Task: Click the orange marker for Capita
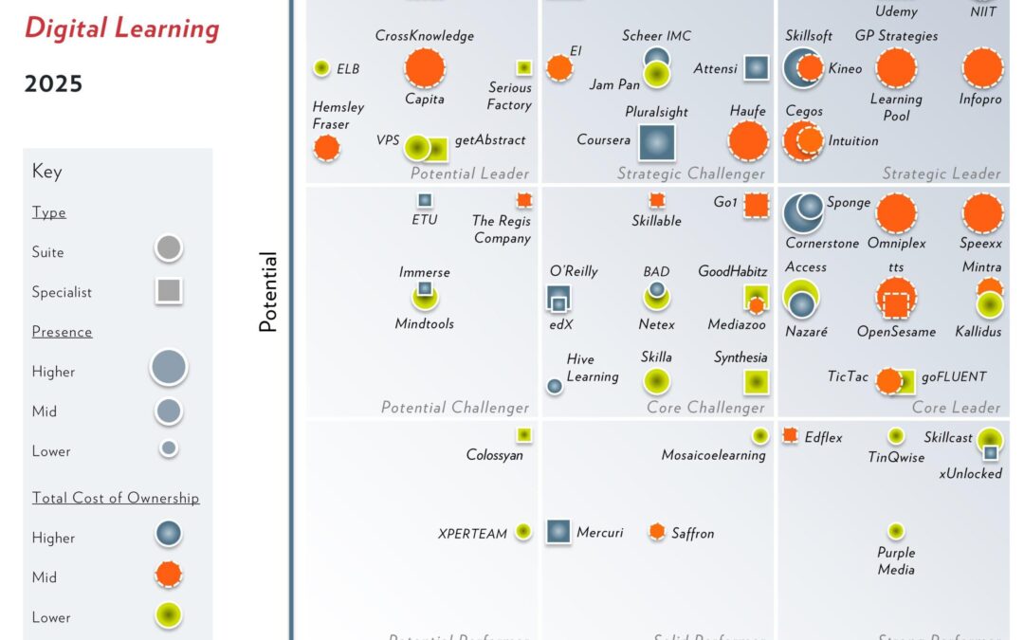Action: coord(425,67)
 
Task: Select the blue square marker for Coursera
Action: coord(656,142)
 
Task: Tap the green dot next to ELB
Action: coord(321,68)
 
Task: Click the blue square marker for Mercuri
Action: coord(558,532)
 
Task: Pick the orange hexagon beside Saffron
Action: coord(657,532)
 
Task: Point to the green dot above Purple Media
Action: coord(896,531)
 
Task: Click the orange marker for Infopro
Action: coord(982,67)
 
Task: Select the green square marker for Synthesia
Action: coord(756,381)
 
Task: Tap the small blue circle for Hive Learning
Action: coord(555,386)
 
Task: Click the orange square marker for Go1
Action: coord(756,205)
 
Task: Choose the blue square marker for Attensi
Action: coord(756,67)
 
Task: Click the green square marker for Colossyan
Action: coord(523,434)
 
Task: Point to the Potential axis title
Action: coord(268,292)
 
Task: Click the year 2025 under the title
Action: coord(53,84)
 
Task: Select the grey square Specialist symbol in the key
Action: coord(169,291)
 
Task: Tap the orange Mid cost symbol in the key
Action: coord(169,575)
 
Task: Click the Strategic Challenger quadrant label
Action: coord(690,174)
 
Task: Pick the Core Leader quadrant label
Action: coord(956,408)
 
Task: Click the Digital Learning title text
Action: coord(121,28)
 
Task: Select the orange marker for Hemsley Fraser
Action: coord(327,147)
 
